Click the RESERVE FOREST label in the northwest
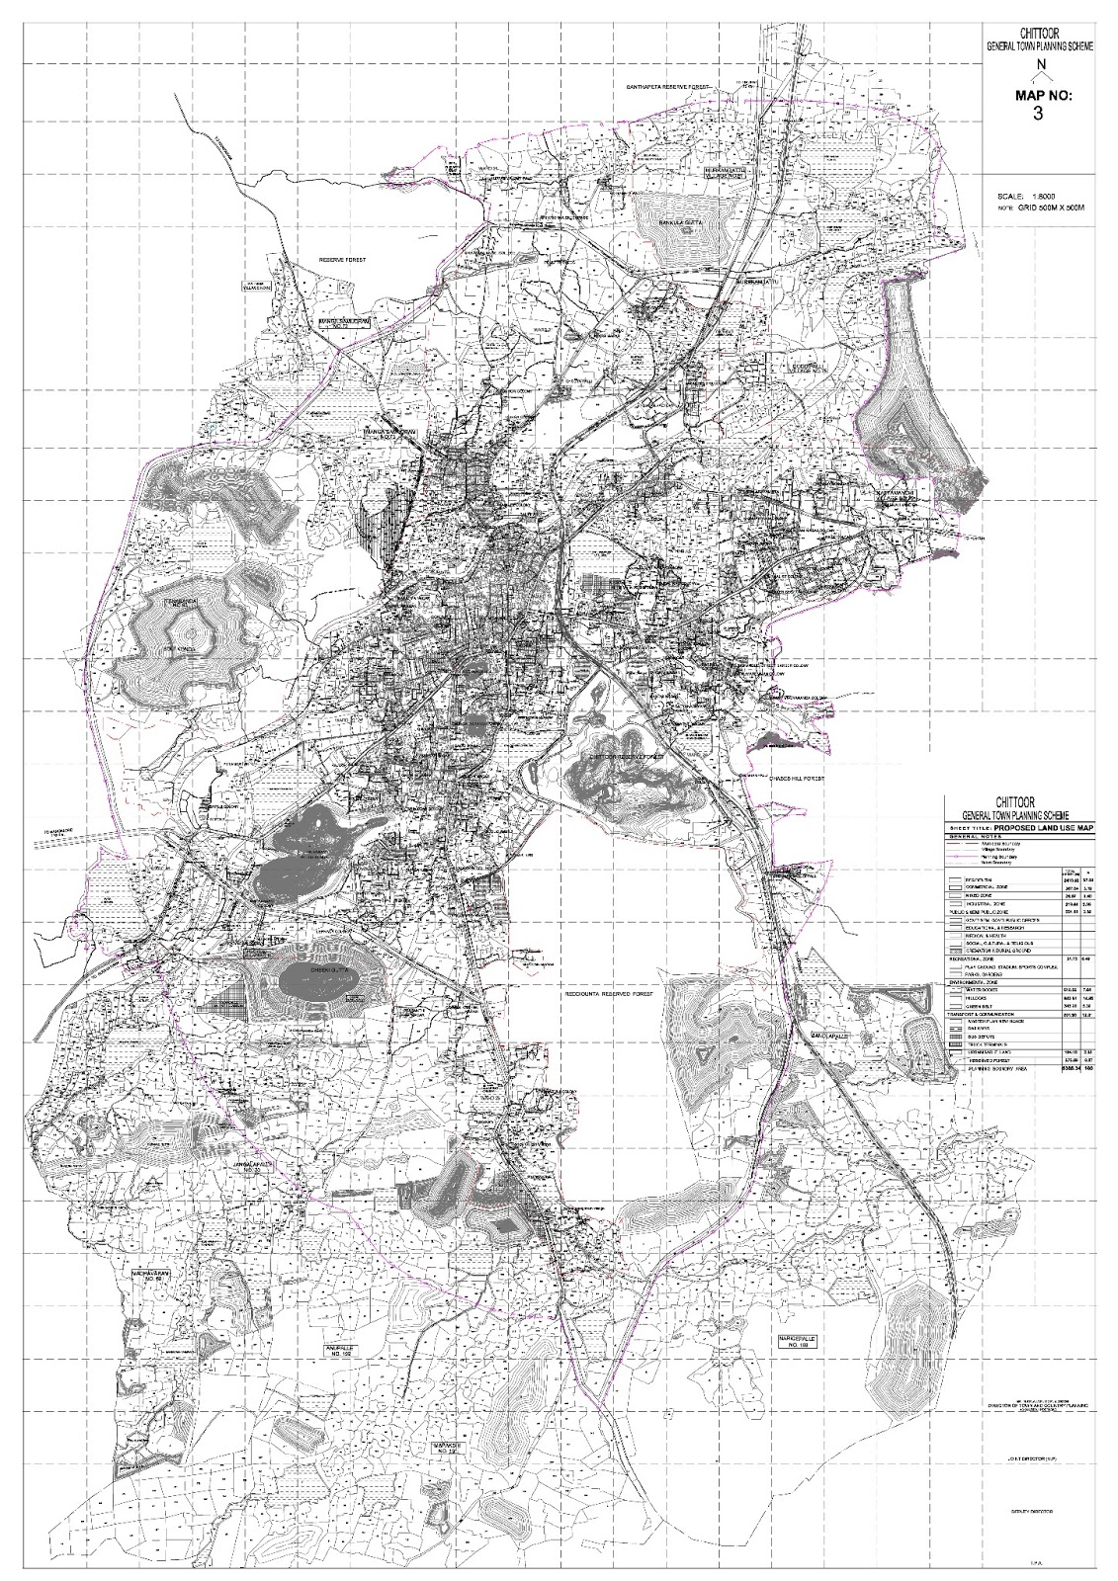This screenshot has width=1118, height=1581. click(x=342, y=259)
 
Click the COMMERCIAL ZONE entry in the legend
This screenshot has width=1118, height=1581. click(x=987, y=886)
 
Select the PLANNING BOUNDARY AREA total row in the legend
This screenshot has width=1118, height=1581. click(x=997, y=1068)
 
